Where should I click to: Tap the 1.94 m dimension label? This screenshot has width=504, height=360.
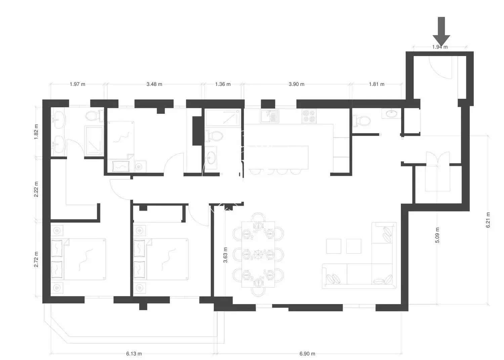[440, 47]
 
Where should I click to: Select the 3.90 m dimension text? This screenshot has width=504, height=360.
[296, 84]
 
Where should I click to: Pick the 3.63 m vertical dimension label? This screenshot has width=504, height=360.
[225, 255]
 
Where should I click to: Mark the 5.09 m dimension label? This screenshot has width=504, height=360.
[437, 235]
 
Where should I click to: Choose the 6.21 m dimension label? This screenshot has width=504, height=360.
[488, 220]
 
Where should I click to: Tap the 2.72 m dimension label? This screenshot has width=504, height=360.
[36, 259]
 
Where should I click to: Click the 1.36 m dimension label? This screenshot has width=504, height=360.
[223, 84]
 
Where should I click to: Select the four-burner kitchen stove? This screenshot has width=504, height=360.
[309, 116]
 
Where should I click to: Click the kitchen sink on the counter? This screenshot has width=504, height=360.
[269, 116]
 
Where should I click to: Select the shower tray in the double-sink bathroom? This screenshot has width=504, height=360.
[94, 141]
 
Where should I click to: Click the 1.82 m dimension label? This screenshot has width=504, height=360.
[36, 132]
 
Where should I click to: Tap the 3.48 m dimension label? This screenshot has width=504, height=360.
[154, 84]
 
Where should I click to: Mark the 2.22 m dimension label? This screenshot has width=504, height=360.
[36, 189]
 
